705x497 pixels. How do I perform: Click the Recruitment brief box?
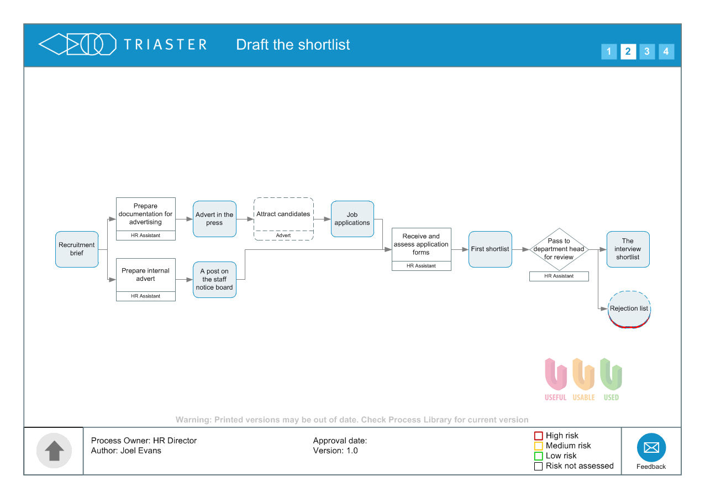point(77,249)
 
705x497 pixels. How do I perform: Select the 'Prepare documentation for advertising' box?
point(146,215)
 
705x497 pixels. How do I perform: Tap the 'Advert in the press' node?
point(214,219)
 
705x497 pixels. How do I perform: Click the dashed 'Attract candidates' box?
point(283,215)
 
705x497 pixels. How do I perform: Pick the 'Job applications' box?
point(352,219)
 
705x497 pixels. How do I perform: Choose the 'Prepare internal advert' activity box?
point(146,275)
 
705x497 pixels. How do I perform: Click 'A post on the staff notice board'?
point(214,280)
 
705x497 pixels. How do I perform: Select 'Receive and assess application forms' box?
point(422,244)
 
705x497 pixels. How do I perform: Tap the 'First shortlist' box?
point(490,249)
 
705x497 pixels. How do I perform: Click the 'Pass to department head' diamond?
point(559,249)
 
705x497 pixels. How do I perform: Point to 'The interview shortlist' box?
point(628,249)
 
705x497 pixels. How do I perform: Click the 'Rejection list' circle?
point(629,309)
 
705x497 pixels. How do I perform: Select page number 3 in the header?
point(647,52)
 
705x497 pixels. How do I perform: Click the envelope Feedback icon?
point(651,447)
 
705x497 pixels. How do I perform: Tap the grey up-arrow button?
point(54,451)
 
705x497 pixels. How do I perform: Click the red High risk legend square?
point(539,436)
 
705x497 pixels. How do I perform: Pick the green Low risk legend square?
point(539,456)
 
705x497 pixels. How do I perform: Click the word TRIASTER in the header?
point(165,45)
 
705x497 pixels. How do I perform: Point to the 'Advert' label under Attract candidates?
point(283,236)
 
